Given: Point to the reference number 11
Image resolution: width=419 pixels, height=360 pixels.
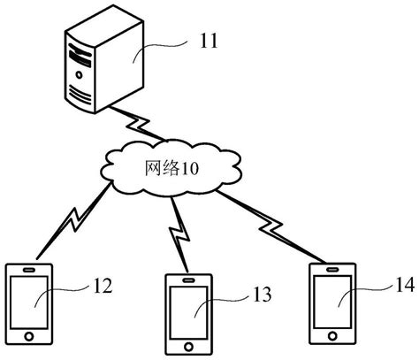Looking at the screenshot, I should (209, 39).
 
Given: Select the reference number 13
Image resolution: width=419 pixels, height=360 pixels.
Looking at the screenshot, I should (261, 293).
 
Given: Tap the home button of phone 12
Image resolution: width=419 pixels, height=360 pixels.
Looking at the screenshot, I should (30, 338).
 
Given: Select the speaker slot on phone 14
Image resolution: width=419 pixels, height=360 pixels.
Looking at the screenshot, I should (334, 266).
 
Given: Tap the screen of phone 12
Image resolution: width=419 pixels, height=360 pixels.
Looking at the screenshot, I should (30, 303).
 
